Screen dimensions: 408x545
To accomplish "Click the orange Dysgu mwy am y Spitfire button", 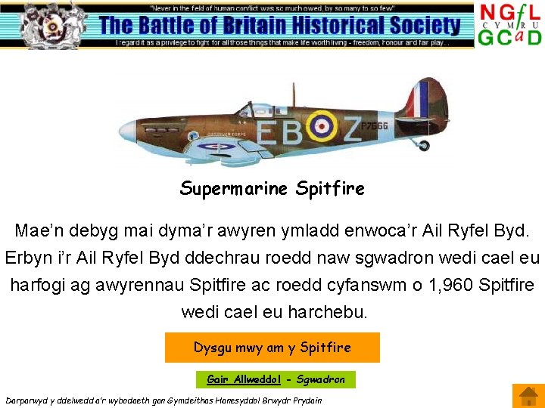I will tap(272, 348).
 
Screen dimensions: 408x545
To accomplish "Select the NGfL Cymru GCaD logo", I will tap(509, 25).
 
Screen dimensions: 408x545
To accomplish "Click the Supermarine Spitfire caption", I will tap(272, 188).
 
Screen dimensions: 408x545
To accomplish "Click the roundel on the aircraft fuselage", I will tap(322, 125).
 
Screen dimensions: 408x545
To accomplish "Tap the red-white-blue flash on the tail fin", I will tap(416, 99).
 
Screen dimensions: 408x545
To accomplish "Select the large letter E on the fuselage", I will tap(266, 131).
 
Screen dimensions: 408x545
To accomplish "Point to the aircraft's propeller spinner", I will tap(126, 129).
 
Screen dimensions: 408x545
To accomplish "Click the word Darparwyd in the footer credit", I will tap(29, 400).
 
